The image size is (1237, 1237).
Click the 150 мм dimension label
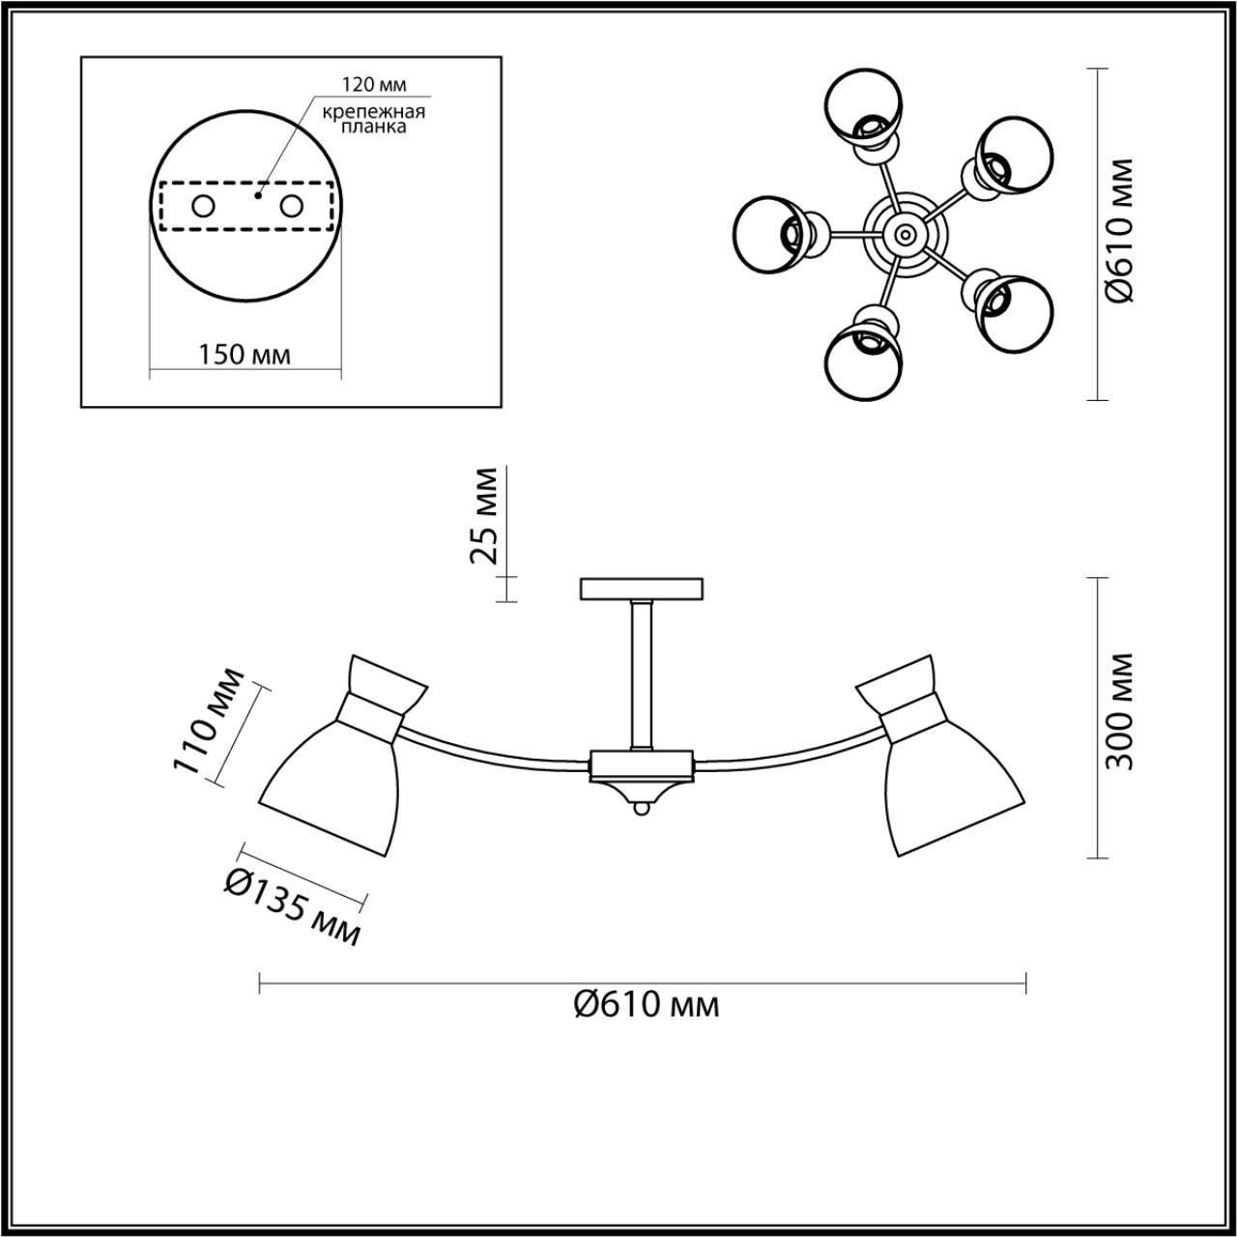(245, 355)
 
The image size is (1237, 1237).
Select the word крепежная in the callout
(375, 112)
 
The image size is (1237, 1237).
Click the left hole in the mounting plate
(203, 206)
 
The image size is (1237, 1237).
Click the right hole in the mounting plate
(291, 206)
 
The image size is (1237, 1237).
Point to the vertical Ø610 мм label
(1120, 232)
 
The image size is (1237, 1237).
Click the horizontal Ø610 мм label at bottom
(646, 1006)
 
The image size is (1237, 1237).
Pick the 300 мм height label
(1120, 711)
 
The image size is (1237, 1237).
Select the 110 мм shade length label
(207, 721)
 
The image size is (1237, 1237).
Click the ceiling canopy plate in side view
(643, 589)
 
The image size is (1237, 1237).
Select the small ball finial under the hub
(642, 811)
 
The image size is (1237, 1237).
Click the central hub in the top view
(904, 233)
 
